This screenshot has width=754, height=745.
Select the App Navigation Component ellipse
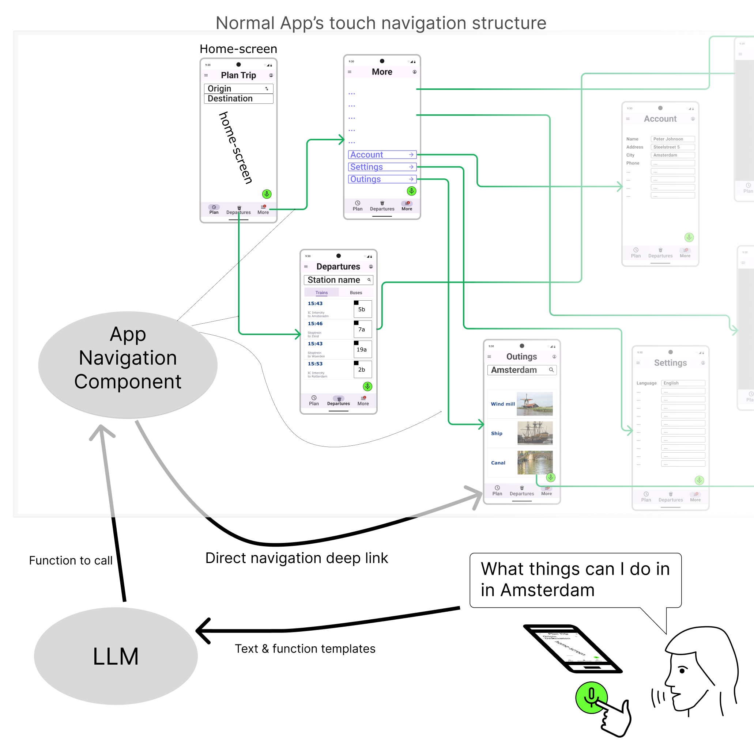128,364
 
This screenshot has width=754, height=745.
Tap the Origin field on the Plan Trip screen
238,88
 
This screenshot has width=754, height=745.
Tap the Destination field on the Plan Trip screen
238,99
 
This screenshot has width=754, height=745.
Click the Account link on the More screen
382,155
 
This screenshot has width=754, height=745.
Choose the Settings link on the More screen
382,167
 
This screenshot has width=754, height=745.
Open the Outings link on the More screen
382,179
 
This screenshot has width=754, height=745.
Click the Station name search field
338,280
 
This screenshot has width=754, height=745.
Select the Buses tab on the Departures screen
355,293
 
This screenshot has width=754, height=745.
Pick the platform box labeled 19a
362,350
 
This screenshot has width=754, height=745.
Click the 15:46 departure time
315,324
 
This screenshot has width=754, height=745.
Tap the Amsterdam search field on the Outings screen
521,370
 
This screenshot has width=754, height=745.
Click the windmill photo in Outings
535,404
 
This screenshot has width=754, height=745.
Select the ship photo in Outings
535,433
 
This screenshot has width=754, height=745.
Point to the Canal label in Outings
498,463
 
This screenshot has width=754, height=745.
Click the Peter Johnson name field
672,139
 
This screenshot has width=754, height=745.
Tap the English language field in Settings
683,383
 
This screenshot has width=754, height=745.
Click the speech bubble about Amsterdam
575,579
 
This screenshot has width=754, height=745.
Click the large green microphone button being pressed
591,697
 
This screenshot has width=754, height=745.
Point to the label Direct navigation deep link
297,558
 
